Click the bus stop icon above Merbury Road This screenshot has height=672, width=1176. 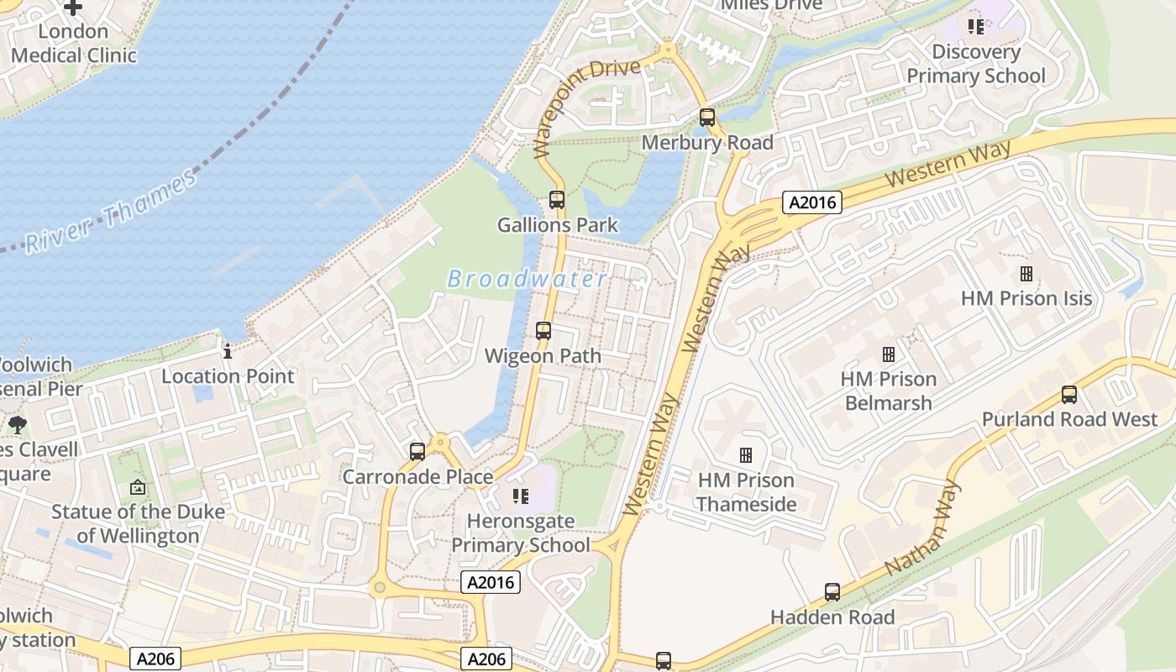pyautogui.click(x=707, y=118)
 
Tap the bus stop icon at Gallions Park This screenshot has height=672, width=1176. pyautogui.click(x=557, y=200)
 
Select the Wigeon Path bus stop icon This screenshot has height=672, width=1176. pyautogui.click(x=543, y=331)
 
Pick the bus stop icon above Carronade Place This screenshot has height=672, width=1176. pyautogui.click(x=417, y=452)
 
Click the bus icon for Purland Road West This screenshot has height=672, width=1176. pyautogui.click(x=1069, y=395)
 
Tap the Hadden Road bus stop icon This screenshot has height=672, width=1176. pyautogui.click(x=832, y=592)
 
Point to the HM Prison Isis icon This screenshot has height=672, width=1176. pyautogui.click(x=1026, y=274)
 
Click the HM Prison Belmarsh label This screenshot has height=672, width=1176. pyautogui.click(x=889, y=391)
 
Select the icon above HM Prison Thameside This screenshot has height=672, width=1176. pyautogui.click(x=745, y=455)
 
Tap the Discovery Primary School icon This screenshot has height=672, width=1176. pyautogui.click(x=975, y=27)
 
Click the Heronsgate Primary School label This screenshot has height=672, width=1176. pyautogui.click(x=521, y=533)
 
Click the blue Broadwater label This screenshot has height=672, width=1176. pyautogui.click(x=527, y=279)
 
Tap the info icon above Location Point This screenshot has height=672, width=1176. pyautogui.click(x=228, y=351)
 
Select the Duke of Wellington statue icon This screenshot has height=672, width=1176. pyautogui.click(x=138, y=487)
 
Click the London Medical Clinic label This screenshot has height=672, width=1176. pyautogui.click(x=73, y=44)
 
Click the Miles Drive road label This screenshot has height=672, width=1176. pyautogui.click(x=772, y=5)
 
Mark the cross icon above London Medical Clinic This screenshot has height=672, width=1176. pyautogui.click(x=73, y=8)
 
